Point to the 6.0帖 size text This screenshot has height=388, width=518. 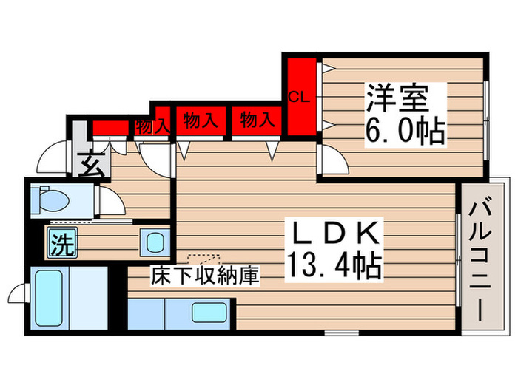click(x=405, y=131)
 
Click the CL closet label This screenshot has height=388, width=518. click(x=299, y=96)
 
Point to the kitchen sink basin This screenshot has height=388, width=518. click(x=209, y=313)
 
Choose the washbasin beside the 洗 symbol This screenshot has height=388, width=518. click(x=155, y=242)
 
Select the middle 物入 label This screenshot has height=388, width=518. click(x=201, y=120)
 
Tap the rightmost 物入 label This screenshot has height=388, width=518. click(x=258, y=119)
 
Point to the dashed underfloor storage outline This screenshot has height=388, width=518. click(x=205, y=259)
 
